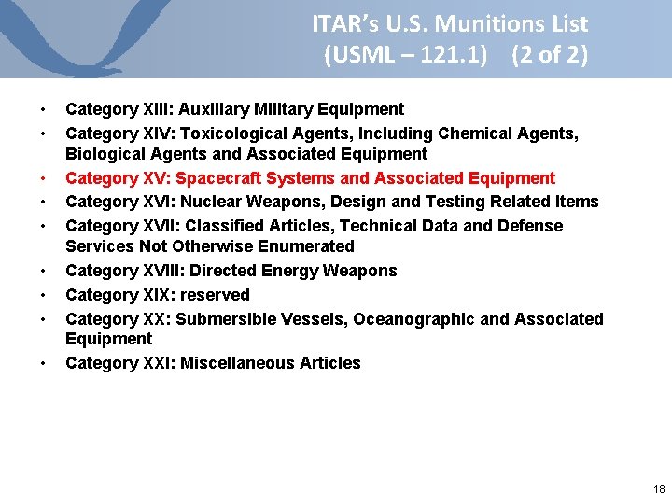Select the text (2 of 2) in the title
550,55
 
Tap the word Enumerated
309,246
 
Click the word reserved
216,295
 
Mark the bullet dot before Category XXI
43,364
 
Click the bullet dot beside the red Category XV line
43,179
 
